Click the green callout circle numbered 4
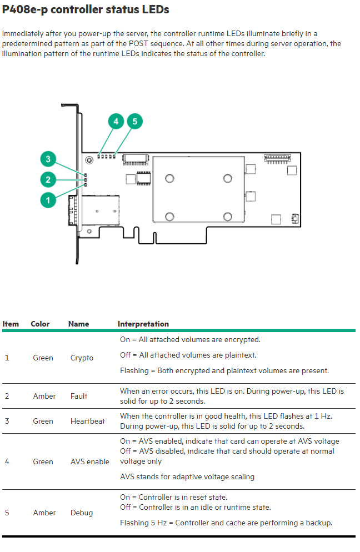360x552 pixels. (x=116, y=122)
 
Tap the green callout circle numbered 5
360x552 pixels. (x=135, y=122)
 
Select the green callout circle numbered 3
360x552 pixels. (x=48, y=159)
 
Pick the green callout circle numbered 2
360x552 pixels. (x=48, y=180)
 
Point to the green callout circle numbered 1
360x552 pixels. (x=48, y=200)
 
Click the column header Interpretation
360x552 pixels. (x=143, y=324)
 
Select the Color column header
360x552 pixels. (x=40, y=324)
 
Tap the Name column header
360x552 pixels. (x=78, y=324)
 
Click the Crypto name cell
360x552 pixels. (x=82, y=358)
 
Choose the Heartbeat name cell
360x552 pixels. (x=88, y=421)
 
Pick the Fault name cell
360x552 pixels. (x=79, y=396)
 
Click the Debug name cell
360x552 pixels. (x=82, y=513)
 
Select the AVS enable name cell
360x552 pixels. (x=90, y=461)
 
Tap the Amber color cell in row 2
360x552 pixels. (x=44, y=396)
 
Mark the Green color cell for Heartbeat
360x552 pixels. (x=43, y=421)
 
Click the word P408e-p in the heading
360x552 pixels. (x=24, y=9)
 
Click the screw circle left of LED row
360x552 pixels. (x=89, y=160)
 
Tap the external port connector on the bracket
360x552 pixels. (x=93, y=210)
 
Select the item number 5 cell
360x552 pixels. (x=7, y=513)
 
